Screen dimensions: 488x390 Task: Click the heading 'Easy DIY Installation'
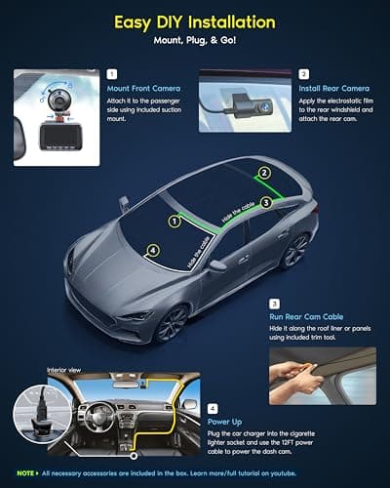coord(194,21)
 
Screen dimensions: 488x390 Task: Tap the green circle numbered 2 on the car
coord(262,173)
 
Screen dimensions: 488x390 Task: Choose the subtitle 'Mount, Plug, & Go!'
coord(194,43)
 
